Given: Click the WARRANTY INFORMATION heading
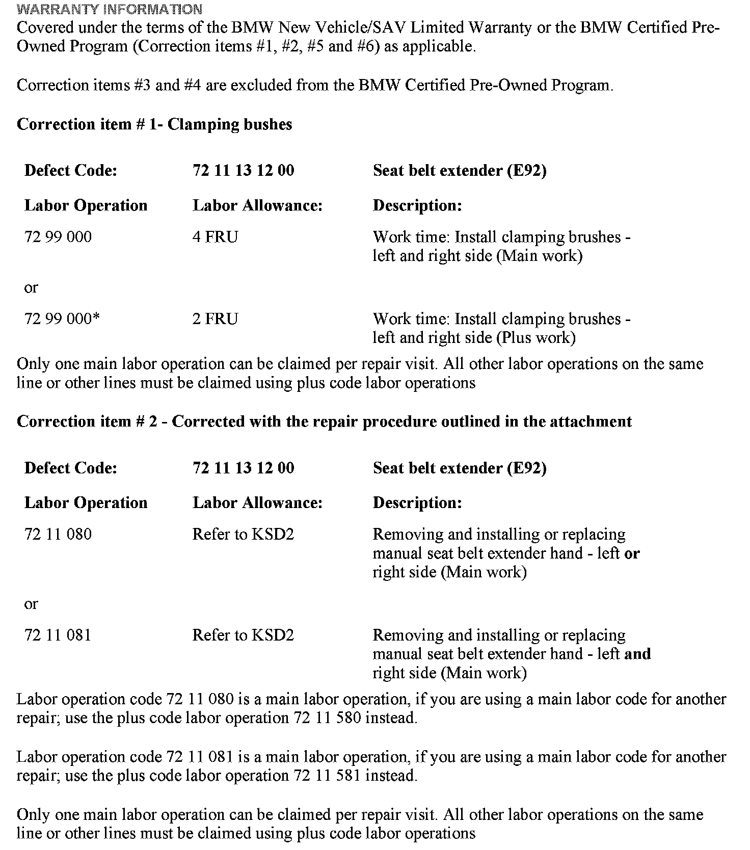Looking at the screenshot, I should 110,9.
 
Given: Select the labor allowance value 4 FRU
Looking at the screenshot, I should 215,237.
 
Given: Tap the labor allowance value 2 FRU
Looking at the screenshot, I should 215,319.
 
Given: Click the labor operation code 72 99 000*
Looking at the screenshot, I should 62,319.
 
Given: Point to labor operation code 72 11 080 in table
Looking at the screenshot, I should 58,534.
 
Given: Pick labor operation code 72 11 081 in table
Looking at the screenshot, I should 58,635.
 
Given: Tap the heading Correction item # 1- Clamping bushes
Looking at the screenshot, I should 154,124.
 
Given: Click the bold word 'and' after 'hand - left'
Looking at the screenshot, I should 637,654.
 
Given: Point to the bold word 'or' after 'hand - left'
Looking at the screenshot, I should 632,553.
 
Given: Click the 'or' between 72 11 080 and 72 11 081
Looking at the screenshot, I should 31,604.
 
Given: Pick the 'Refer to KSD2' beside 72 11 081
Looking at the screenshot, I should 243,635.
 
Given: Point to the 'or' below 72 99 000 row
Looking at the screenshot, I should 31,288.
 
